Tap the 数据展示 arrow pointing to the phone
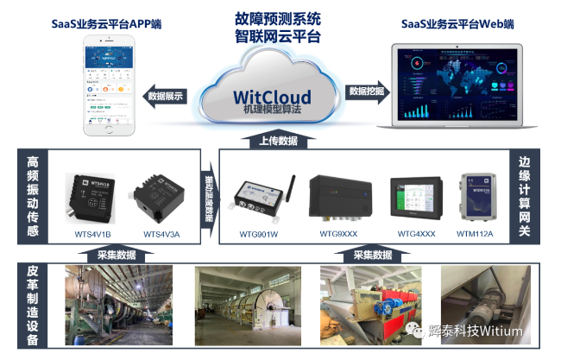point(167,96)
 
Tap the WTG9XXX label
point(337,232)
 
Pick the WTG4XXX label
point(415,232)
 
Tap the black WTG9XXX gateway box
point(339,196)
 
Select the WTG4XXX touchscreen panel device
point(415,198)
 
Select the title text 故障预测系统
point(277,17)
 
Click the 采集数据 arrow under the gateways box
point(372,255)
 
